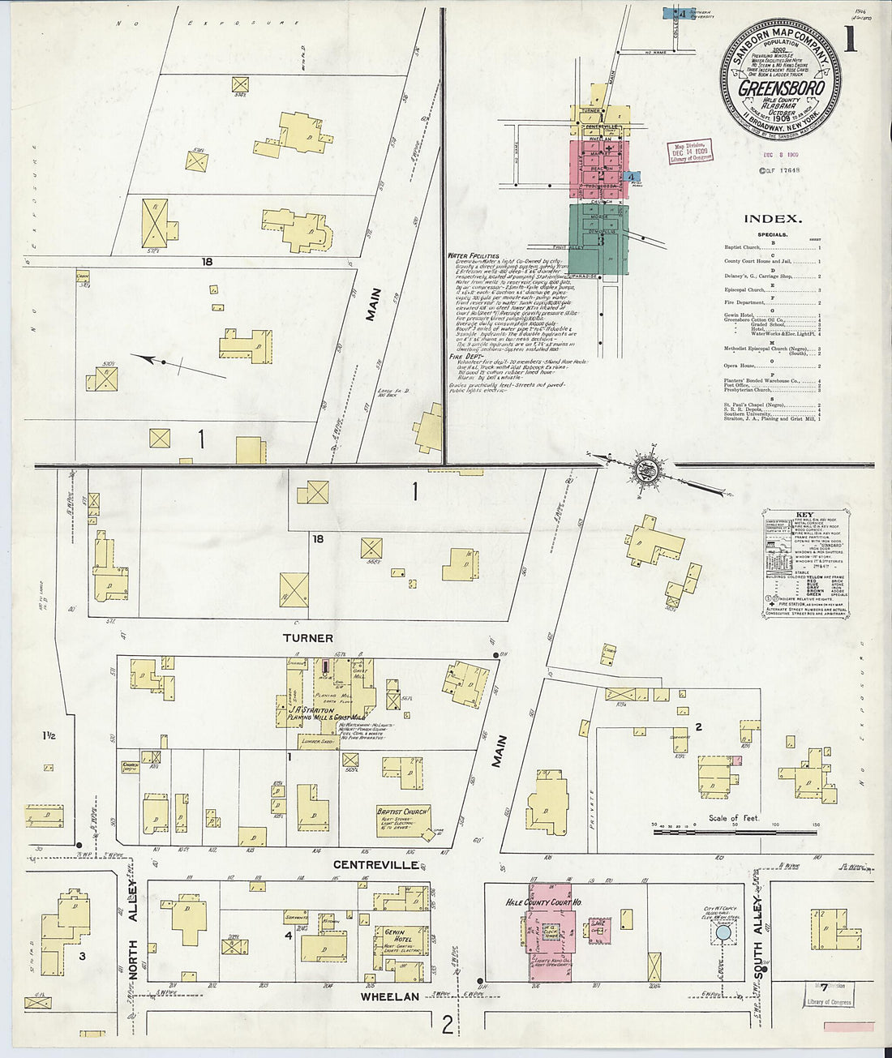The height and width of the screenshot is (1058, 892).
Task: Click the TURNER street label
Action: coord(308,639)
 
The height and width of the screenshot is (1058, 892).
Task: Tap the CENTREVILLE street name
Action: coord(376,865)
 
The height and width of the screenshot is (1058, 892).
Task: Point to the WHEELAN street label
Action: coord(390,996)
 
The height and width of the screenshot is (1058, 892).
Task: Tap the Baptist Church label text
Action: coord(402,811)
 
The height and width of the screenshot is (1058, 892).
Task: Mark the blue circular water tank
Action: coord(722,934)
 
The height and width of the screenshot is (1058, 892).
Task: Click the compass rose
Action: coord(649,469)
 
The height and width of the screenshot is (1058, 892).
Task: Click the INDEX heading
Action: coord(773,219)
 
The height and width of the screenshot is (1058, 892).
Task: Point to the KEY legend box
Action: coord(804,564)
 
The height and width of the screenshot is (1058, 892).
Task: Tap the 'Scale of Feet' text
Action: coord(734,818)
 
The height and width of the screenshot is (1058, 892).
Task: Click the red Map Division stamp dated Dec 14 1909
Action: coord(688,152)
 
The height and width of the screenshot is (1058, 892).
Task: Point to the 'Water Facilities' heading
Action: coord(473,255)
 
